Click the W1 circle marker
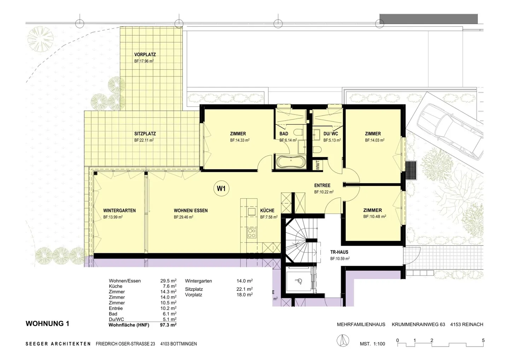pos(221,188)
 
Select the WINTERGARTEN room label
pos(119,210)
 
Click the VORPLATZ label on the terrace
pos(145,54)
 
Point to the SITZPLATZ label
pos(145,134)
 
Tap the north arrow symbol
pos(343,341)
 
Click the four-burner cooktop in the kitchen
pos(252,233)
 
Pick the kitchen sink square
pos(252,211)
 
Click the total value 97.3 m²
pos(168,325)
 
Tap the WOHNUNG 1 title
pos(47,324)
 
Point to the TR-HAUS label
pos(339,252)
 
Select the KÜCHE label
pos(267,210)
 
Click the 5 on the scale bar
pos(483,341)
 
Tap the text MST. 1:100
pos(373,344)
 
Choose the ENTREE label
pos(322,185)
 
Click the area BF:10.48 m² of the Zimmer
pos(375,216)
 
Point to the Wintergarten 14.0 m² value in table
pos(245,281)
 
